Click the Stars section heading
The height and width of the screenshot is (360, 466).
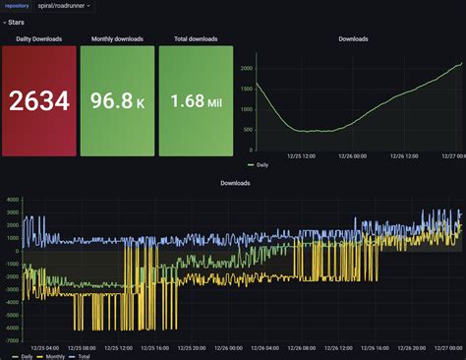[x=17, y=22]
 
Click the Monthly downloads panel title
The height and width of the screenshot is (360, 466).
[x=117, y=39]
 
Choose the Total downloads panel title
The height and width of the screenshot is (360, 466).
[x=196, y=39]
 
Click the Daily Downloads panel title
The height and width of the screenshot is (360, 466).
[x=38, y=39]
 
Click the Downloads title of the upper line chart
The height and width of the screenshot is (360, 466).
[x=354, y=39]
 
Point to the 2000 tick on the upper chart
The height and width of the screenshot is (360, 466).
[x=247, y=68]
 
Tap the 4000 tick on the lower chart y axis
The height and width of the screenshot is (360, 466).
[x=12, y=201]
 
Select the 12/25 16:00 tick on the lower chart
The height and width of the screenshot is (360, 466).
[x=159, y=347]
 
